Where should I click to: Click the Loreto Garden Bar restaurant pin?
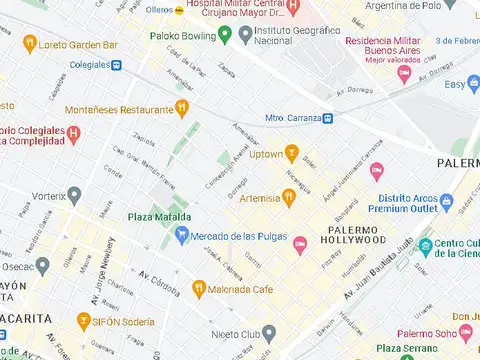pos(30,44)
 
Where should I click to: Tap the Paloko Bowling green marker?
pos(225,36)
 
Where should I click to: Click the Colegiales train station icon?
pos(117,66)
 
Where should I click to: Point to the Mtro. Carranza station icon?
pos(331,118)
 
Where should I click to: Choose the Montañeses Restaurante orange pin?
pos(181,109)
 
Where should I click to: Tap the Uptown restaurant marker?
pos(291,153)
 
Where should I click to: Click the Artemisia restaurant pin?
pos(289,197)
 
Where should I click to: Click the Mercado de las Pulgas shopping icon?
pos(181,235)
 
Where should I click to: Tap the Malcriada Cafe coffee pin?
pos(199,289)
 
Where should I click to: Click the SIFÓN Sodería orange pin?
pos(84,321)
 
